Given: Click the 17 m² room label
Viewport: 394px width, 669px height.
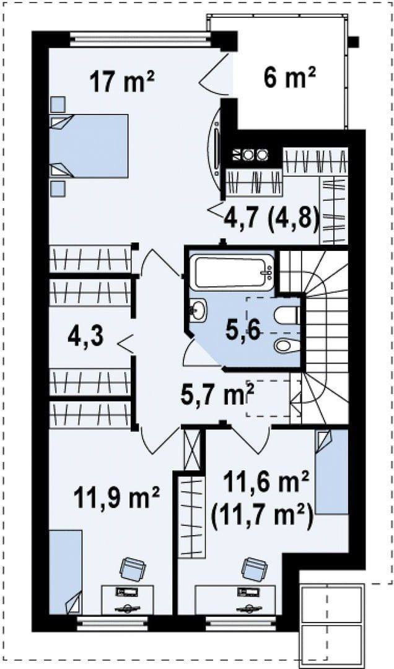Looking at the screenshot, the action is [x=122, y=81].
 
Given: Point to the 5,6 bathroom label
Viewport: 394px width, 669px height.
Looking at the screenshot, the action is [x=243, y=331].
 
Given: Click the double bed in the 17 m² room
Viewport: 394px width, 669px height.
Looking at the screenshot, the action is [x=89, y=146].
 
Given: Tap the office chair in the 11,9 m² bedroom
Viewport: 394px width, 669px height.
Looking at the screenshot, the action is [x=133, y=569].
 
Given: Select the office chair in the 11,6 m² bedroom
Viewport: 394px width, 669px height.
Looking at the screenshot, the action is [x=255, y=569].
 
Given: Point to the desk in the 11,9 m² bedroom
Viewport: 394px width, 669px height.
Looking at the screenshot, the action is [x=127, y=600].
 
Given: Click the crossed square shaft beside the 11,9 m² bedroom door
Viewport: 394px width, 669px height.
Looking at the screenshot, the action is [x=191, y=449].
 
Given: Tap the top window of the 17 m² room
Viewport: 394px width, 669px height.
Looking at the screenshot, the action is [x=140, y=39].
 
